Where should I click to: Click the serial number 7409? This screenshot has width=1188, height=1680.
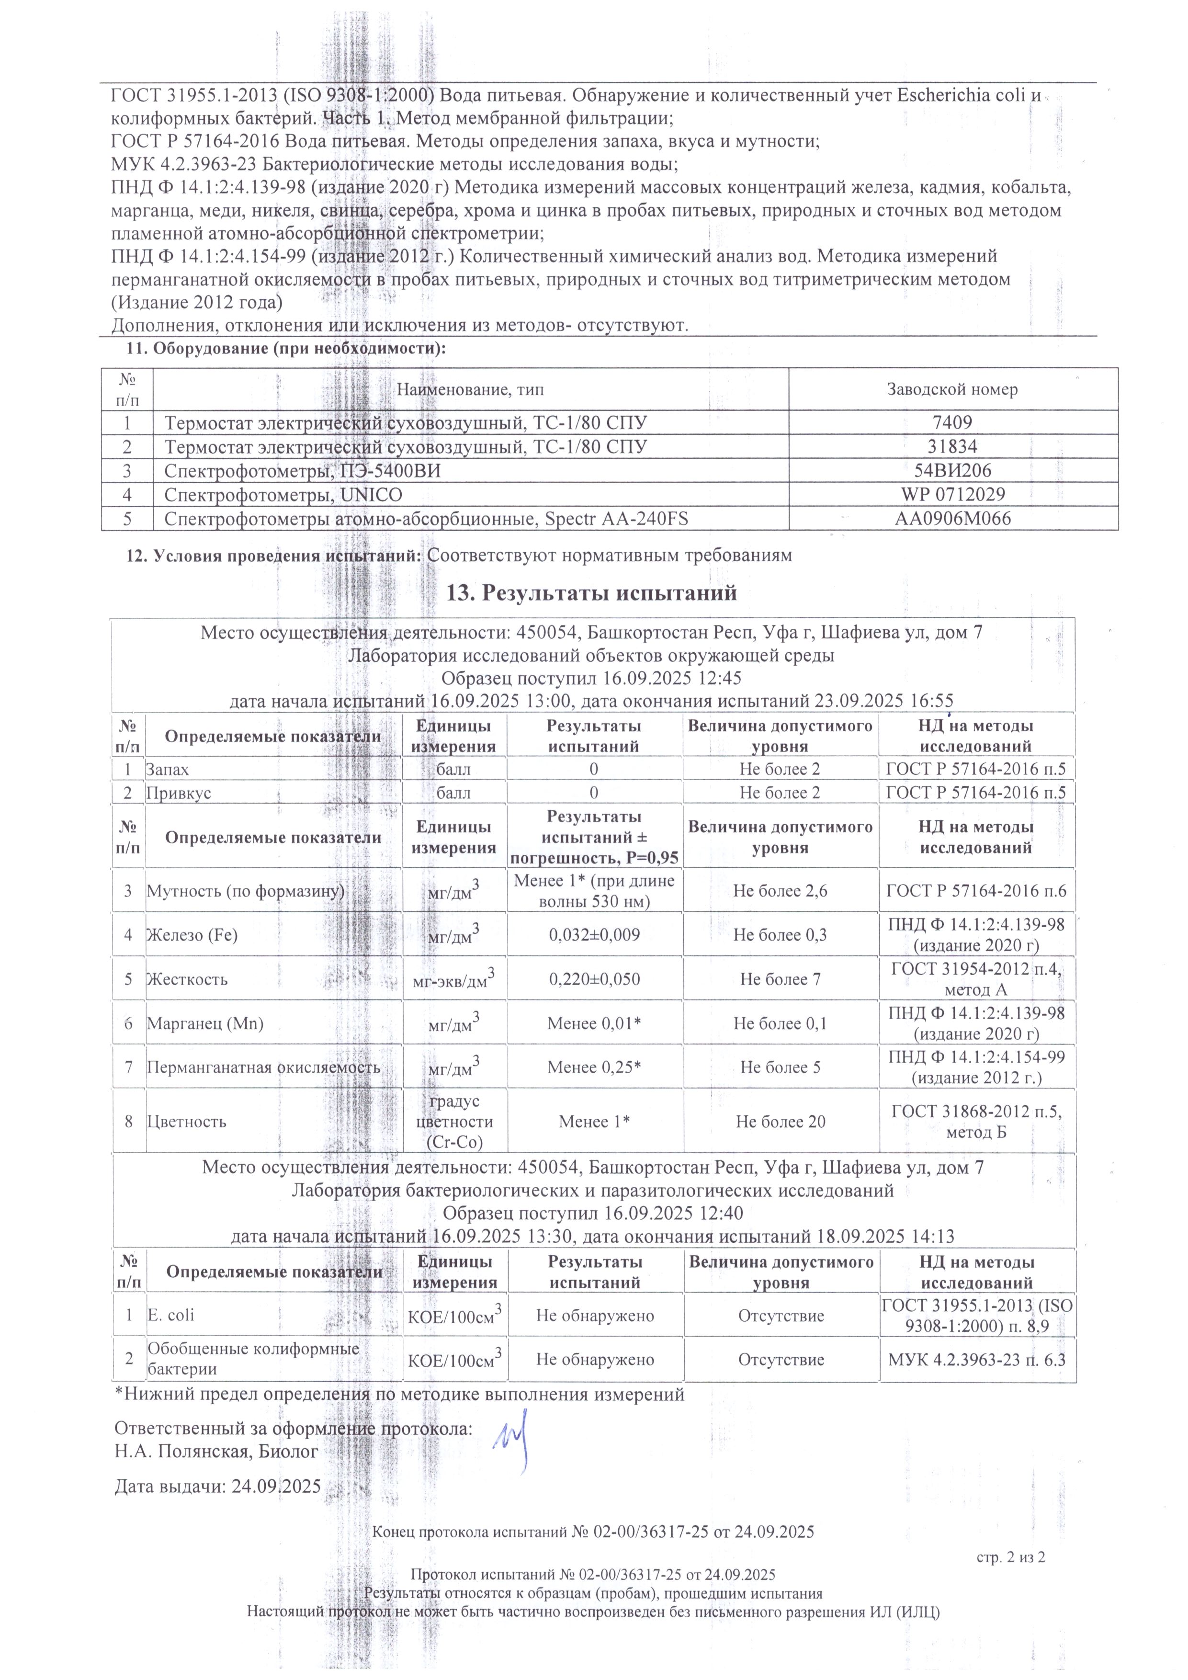coord(952,422)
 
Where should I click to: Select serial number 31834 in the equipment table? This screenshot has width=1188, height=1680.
coord(952,446)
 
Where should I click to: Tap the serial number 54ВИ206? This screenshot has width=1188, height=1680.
coord(952,470)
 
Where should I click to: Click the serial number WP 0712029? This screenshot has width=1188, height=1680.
coord(952,495)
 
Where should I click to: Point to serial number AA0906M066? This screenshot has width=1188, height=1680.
coord(952,519)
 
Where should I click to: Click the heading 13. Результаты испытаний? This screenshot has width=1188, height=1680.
coord(591,593)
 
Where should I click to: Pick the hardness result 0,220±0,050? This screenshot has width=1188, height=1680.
coord(594,979)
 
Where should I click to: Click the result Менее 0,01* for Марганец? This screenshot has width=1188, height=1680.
coord(594,1023)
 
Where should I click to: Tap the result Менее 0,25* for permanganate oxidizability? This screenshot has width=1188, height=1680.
coord(594,1067)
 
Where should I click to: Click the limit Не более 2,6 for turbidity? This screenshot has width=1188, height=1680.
coord(780,890)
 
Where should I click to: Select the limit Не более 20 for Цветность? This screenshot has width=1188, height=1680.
coord(780,1122)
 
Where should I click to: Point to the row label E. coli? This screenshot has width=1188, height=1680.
coord(170,1315)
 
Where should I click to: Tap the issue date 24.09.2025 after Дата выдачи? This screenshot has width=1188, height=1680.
coord(276,1487)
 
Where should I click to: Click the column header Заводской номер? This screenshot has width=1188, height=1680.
coord(952,389)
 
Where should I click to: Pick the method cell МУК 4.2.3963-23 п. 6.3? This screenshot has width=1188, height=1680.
coord(976,1360)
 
